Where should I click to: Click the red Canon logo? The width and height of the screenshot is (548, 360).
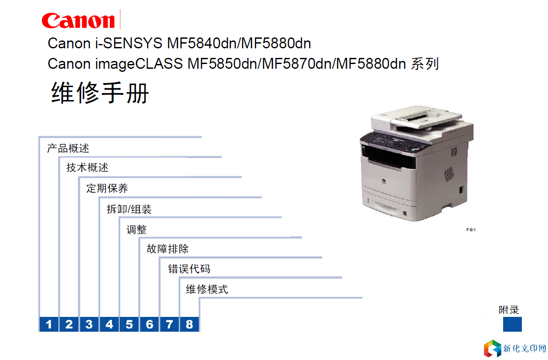[78, 20]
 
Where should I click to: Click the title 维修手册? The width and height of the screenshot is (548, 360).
[100, 93]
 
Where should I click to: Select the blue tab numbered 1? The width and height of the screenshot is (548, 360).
[49, 324]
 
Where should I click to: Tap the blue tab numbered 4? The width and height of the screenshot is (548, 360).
[109, 324]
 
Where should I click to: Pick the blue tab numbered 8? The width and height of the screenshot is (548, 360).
[189, 324]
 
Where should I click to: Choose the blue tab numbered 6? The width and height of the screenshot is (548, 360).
[149, 324]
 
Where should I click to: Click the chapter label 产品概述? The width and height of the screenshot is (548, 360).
[68, 148]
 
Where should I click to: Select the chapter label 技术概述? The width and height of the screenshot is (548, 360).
[87, 168]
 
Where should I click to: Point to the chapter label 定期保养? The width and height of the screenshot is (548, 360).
[107, 188]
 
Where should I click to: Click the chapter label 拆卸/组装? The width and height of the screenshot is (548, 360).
[129, 209]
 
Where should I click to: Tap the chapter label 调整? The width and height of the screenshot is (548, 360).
[136, 230]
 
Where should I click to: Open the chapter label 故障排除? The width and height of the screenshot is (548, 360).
[168, 249]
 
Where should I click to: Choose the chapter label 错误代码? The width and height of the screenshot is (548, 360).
[189, 269]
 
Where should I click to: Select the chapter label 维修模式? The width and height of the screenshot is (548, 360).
[207, 289]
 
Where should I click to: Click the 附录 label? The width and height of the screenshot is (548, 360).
[509, 310]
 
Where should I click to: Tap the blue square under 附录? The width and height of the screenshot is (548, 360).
[512, 324]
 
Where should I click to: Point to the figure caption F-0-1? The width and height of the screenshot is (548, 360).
[471, 230]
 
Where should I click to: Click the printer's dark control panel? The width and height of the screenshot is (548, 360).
[394, 142]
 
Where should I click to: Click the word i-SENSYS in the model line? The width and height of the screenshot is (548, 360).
[129, 43]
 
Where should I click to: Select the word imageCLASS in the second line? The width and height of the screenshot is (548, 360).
[139, 64]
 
